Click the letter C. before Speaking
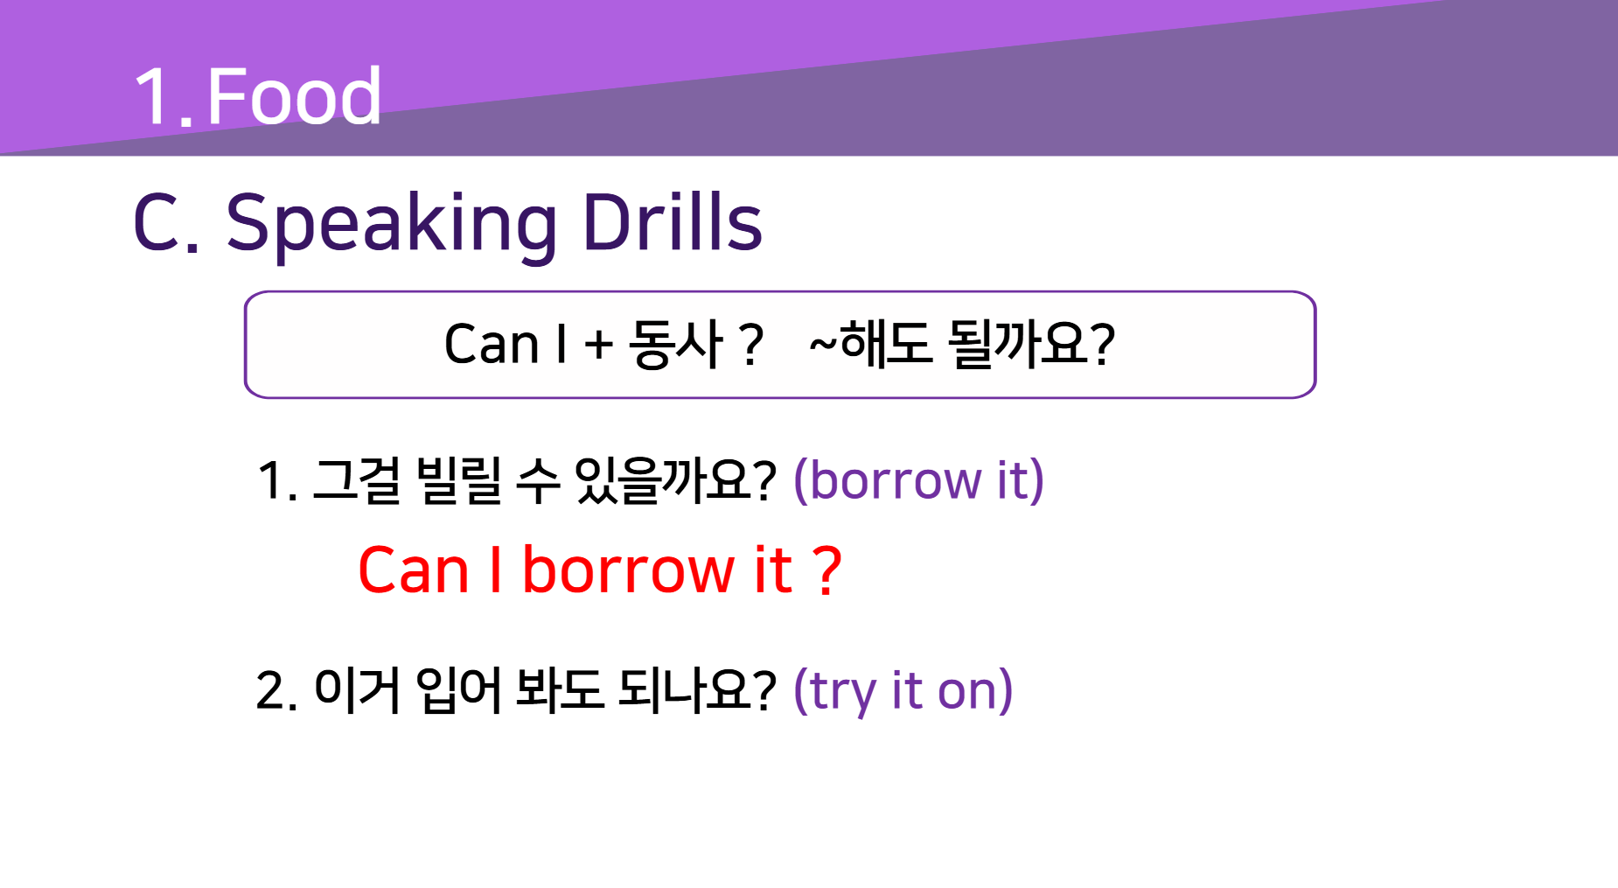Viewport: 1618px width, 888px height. tap(167, 224)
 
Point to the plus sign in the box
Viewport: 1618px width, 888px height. tap(599, 345)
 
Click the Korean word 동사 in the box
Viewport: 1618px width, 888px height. tap(676, 344)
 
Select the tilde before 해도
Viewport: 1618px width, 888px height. tap(823, 343)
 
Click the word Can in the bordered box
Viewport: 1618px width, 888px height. tap(491, 343)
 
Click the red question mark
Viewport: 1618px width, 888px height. tap(826, 570)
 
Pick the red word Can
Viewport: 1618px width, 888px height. tap(414, 570)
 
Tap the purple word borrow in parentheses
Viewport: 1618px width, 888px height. tap(896, 480)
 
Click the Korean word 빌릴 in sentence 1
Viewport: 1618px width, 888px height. tap(459, 480)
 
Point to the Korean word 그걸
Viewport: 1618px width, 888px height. tap(357, 480)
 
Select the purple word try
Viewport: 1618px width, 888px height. tap(843, 692)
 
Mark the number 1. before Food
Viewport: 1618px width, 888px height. tap(164, 96)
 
